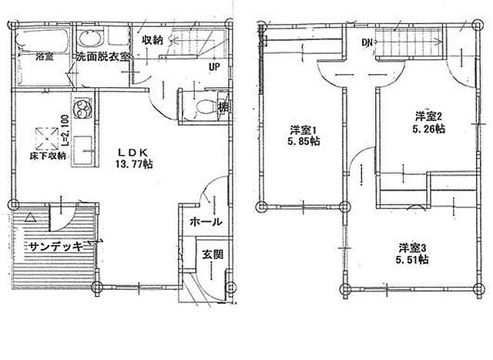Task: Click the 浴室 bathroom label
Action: (44, 56)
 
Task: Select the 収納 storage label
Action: (152, 40)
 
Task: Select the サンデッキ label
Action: (57, 247)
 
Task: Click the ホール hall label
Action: (206, 221)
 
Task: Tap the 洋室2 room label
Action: (428, 116)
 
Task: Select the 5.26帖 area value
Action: (428, 130)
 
